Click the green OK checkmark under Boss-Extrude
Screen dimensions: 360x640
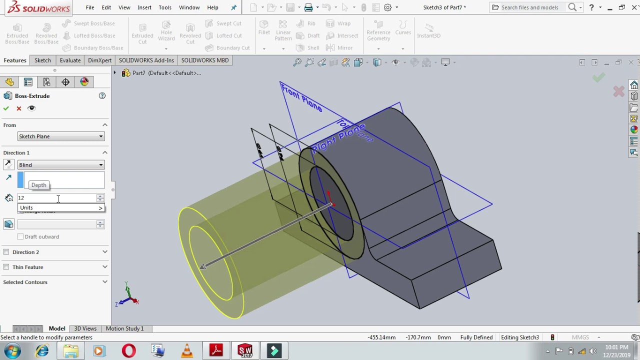pos(6,108)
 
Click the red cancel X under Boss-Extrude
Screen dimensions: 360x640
pos(19,108)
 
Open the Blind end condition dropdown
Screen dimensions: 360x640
pos(60,165)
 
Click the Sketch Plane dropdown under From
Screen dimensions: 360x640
pos(60,136)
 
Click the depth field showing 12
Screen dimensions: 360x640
pos(57,198)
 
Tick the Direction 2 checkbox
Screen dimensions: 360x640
pos(6,252)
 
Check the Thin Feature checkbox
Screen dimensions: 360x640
pos(6,267)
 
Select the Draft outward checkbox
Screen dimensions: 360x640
pos(20,236)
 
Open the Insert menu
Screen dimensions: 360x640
pos(144,7)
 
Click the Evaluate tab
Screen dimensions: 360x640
pos(70,60)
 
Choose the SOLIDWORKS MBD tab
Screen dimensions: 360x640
pos(204,60)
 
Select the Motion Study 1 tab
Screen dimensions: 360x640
pos(124,328)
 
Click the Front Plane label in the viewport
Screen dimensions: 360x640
pos(301,98)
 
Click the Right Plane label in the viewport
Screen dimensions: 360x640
pos(338,137)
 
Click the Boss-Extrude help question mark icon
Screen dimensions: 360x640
pos(102,96)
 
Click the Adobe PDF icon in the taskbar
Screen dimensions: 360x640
pos(216,350)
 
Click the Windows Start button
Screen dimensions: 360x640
pos(12,350)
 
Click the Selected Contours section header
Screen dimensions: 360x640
pos(25,282)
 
